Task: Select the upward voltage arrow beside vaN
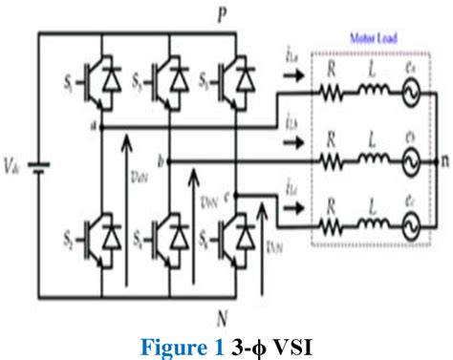[124, 210]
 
